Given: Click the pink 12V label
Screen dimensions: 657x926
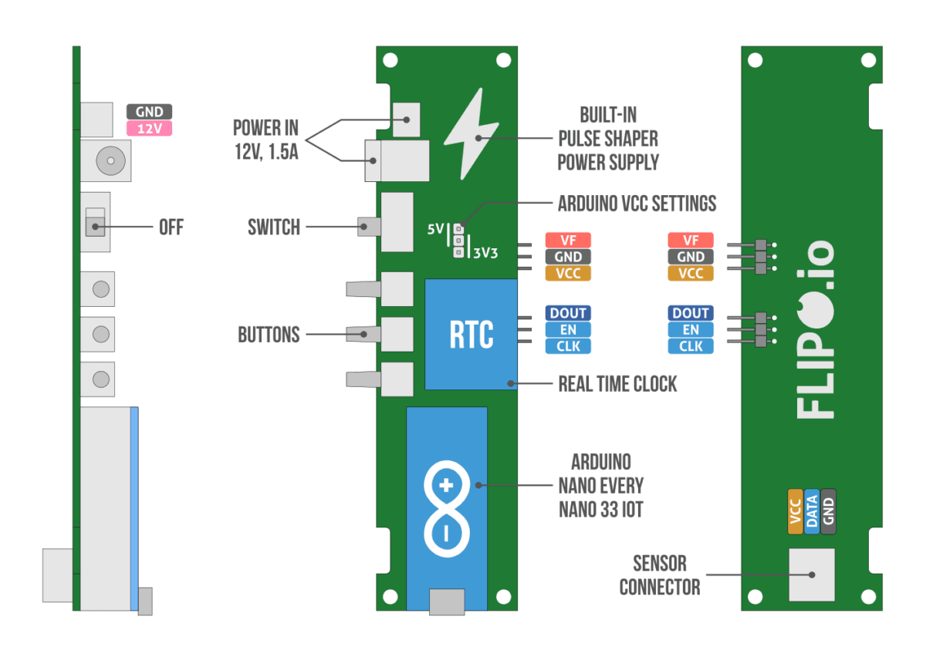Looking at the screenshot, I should (x=149, y=129).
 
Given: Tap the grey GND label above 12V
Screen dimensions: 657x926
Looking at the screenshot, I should (x=149, y=112).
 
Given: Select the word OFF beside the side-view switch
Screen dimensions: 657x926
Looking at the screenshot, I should (x=171, y=227).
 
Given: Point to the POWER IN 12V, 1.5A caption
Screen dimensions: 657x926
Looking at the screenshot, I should (x=265, y=140).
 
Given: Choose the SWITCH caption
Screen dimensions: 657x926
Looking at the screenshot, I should (x=273, y=227).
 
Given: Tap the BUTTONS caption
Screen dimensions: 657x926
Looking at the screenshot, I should (x=269, y=335).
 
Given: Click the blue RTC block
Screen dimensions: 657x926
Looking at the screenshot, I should (x=471, y=334).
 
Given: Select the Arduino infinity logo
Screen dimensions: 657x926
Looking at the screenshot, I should (x=446, y=509).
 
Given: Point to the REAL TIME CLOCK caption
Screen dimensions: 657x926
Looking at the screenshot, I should (x=617, y=384).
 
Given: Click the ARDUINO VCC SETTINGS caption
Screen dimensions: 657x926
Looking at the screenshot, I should (x=637, y=204).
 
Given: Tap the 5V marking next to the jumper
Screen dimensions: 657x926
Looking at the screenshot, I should (x=435, y=229).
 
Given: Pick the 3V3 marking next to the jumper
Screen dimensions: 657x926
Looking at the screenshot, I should (x=486, y=252).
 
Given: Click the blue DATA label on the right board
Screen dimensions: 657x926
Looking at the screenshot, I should (x=812, y=511).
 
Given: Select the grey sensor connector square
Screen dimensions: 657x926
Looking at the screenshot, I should (x=811, y=574).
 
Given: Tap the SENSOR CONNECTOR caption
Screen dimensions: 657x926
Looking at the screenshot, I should (x=660, y=575).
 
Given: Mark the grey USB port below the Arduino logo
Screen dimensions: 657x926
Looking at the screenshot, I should (x=447, y=601).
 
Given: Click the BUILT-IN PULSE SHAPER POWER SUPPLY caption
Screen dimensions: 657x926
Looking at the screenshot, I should (x=609, y=139).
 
